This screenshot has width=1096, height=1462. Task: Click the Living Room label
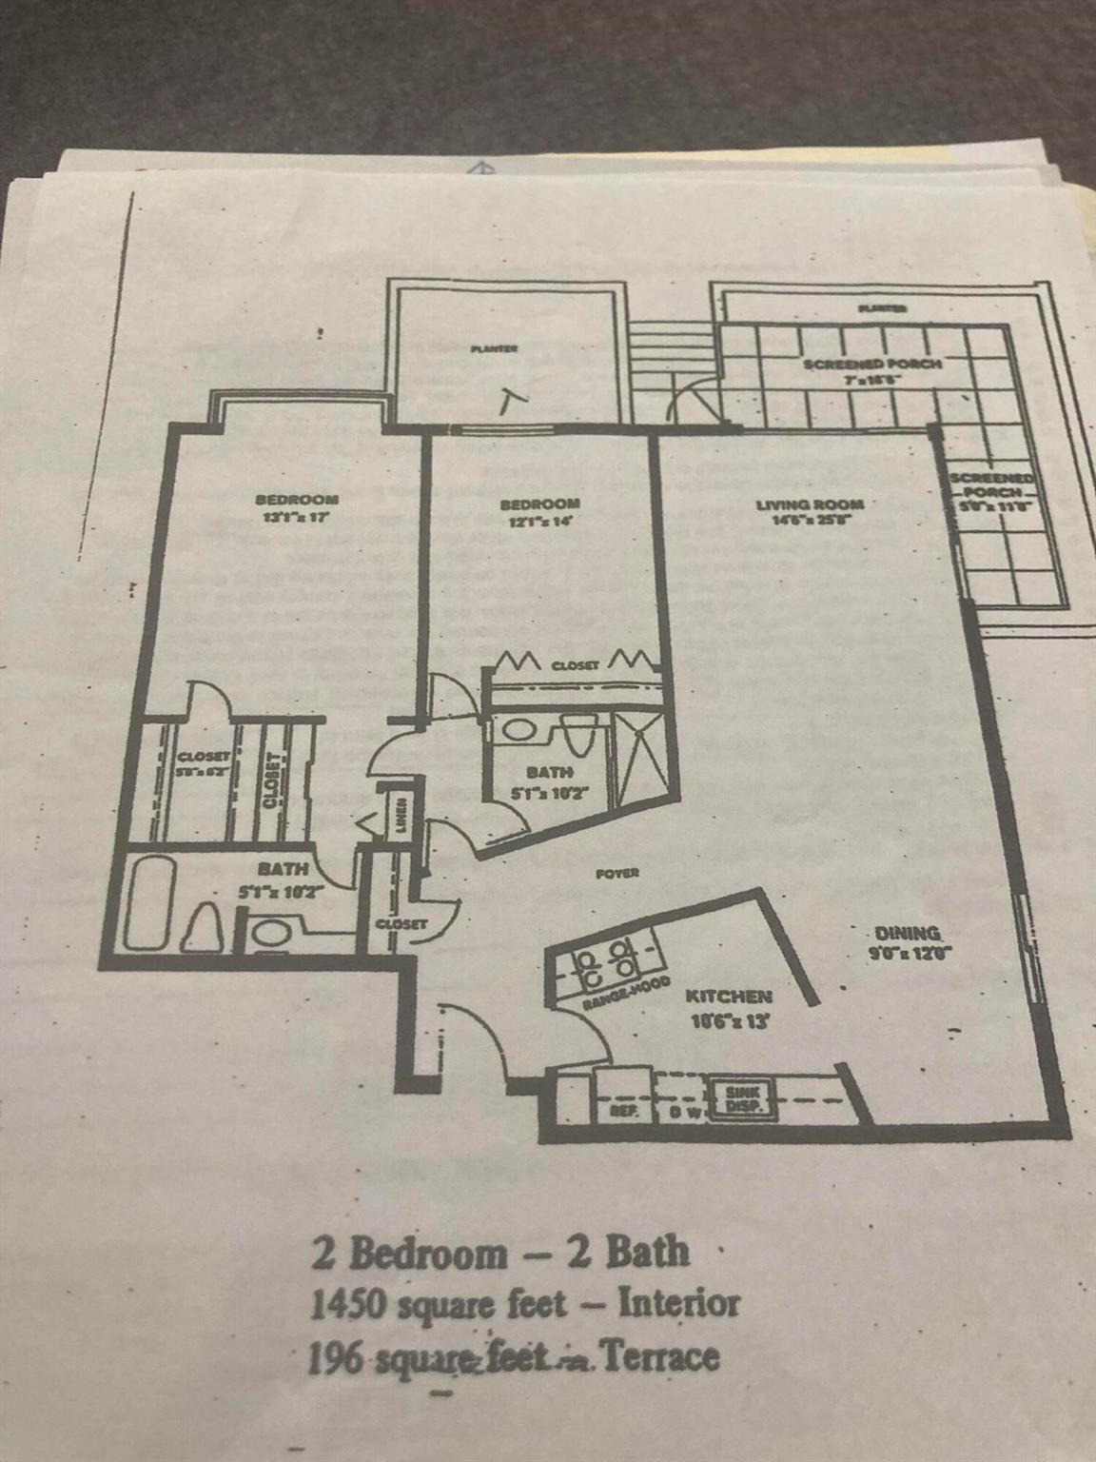[x=810, y=504]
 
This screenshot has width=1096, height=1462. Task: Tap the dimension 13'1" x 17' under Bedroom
[x=296, y=518]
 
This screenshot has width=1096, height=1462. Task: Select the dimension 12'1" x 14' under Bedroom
[x=539, y=522]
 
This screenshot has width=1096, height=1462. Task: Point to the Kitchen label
[x=729, y=997]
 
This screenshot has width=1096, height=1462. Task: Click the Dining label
[x=908, y=933]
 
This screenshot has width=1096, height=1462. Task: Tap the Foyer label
[x=616, y=873]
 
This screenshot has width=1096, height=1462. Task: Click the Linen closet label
[x=401, y=813]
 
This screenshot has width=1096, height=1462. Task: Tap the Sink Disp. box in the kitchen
[x=740, y=1099]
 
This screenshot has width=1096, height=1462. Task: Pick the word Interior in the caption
[x=678, y=1303]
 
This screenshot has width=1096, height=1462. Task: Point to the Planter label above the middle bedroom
[x=494, y=348]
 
